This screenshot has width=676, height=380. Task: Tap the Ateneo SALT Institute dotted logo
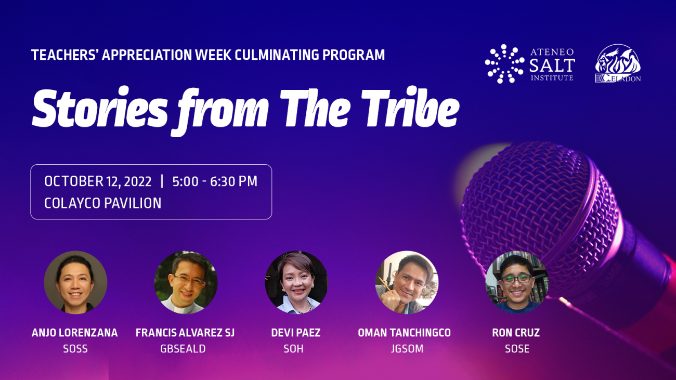(x=504, y=64)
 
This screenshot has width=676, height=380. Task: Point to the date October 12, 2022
(x=98, y=181)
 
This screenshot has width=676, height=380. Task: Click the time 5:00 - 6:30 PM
(x=215, y=181)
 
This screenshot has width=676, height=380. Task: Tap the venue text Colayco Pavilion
(x=102, y=203)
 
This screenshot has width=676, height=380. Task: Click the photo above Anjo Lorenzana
(x=75, y=282)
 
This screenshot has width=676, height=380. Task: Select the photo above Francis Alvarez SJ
(x=186, y=282)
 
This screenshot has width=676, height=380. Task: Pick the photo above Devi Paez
(x=296, y=282)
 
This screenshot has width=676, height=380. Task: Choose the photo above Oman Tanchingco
(x=406, y=282)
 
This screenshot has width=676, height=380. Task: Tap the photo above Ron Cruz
(x=516, y=282)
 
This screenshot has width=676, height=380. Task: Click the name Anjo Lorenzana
(x=75, y=333)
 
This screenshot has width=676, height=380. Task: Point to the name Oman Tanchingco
(x=404, y=333)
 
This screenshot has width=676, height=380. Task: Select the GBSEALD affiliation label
(x=183, y=349)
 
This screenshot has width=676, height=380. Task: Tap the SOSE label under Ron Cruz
(x=517, y=349)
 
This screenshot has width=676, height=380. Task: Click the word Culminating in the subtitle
(x=268, y=55)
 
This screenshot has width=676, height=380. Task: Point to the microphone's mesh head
(x=541, y=208)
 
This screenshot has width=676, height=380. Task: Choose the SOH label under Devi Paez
(x=294, y=349)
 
